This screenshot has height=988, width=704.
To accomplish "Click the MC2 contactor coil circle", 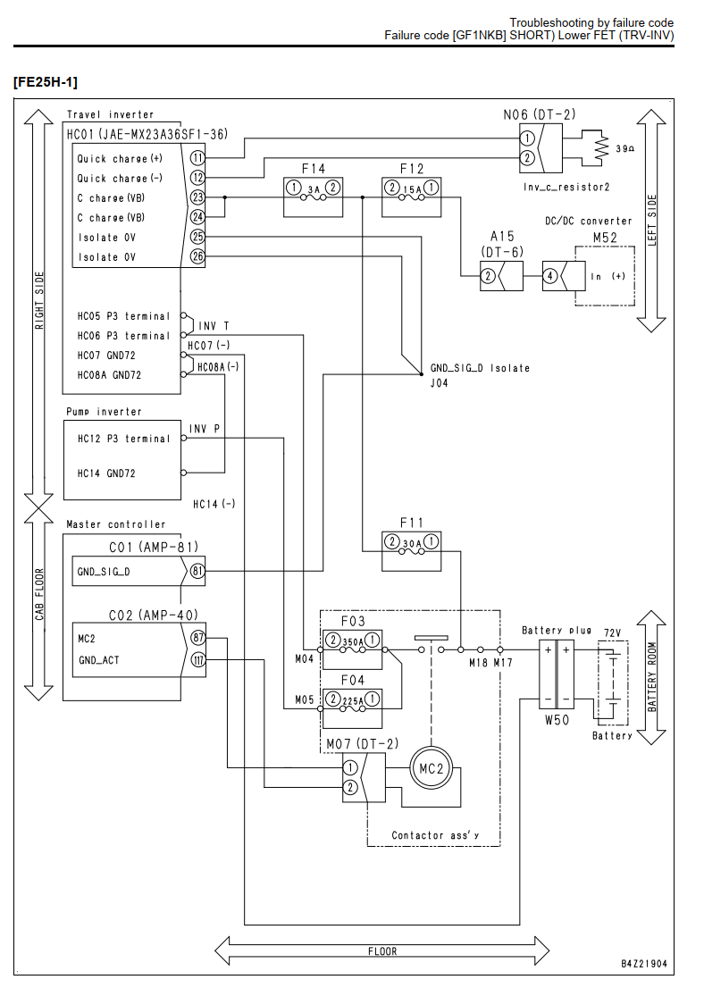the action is tap(432, 768).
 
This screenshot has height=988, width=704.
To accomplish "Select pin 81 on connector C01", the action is tap(198, 572).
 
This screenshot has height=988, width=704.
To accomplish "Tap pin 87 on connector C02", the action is tap(198, 638).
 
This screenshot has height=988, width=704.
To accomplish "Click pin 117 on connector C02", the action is tap(198, 660).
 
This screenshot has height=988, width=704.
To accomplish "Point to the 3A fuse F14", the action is tap(314, 197).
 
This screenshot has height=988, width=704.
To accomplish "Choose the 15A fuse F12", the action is tap(412, 197).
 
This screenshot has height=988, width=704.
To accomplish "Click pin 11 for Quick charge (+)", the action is tap(197, 157).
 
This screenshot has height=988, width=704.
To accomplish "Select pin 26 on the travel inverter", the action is tap(197, 256).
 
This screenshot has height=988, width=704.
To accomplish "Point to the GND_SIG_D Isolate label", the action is tap(480, 368).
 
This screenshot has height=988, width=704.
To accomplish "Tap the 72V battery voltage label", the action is tap(612, 632).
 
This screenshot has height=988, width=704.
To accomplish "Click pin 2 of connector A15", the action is tap(487, 276).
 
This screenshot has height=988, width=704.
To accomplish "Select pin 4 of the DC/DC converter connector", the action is tap(550, 276).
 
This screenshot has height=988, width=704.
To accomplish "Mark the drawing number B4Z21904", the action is tap(643, 963).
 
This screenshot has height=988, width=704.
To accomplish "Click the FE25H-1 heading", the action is tap(46, 82).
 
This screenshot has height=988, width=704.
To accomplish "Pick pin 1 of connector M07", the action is tap(350, 767).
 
